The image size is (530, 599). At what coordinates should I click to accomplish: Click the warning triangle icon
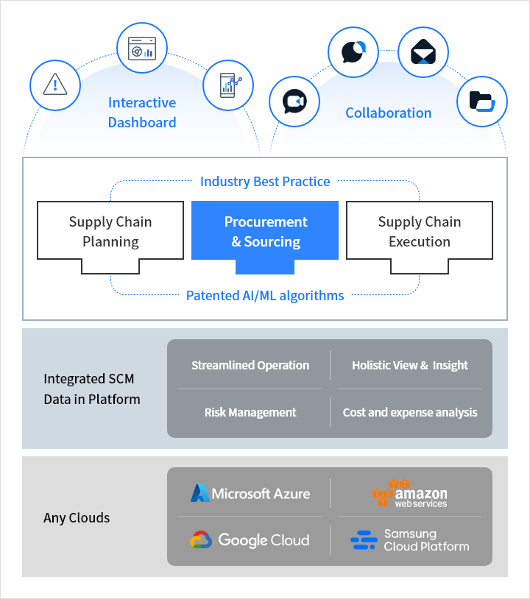click(54, 84)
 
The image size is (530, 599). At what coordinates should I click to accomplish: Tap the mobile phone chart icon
click(228, 85)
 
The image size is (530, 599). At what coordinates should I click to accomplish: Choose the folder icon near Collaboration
click(481, 101)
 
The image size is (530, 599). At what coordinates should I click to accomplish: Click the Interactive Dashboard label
click(142, 113)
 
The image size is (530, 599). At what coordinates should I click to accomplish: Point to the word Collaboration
click(389, 113)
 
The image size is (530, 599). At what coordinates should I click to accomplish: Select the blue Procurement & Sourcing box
click(265, 231)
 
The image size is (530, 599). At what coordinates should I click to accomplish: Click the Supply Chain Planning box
click(110, 231)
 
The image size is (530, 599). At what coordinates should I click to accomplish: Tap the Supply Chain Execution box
click(420, 231)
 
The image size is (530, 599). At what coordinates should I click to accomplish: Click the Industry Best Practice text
click(265, 181)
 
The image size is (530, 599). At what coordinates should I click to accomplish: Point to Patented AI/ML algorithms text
click(265, 296)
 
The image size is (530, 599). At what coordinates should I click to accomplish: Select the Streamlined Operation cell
click(250, 366)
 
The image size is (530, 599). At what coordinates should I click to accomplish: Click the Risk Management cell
click(250, 413)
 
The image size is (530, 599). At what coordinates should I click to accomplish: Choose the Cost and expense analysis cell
click(410, 413)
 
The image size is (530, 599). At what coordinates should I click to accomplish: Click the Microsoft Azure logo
click(250, 493)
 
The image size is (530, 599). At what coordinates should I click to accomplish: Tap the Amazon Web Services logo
click(410, 493)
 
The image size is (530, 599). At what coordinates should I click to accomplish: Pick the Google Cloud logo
click(250, 540)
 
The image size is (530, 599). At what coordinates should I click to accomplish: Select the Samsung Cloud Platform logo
click(410, 540)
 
